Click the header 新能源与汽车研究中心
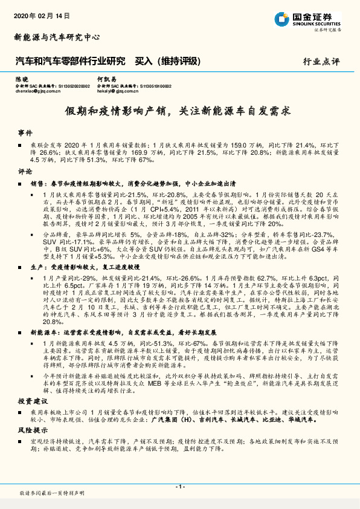tap(57, 37)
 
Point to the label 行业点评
tap(322, 62)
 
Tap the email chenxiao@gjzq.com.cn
tap(38, 92)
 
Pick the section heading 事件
tap(25, 132)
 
